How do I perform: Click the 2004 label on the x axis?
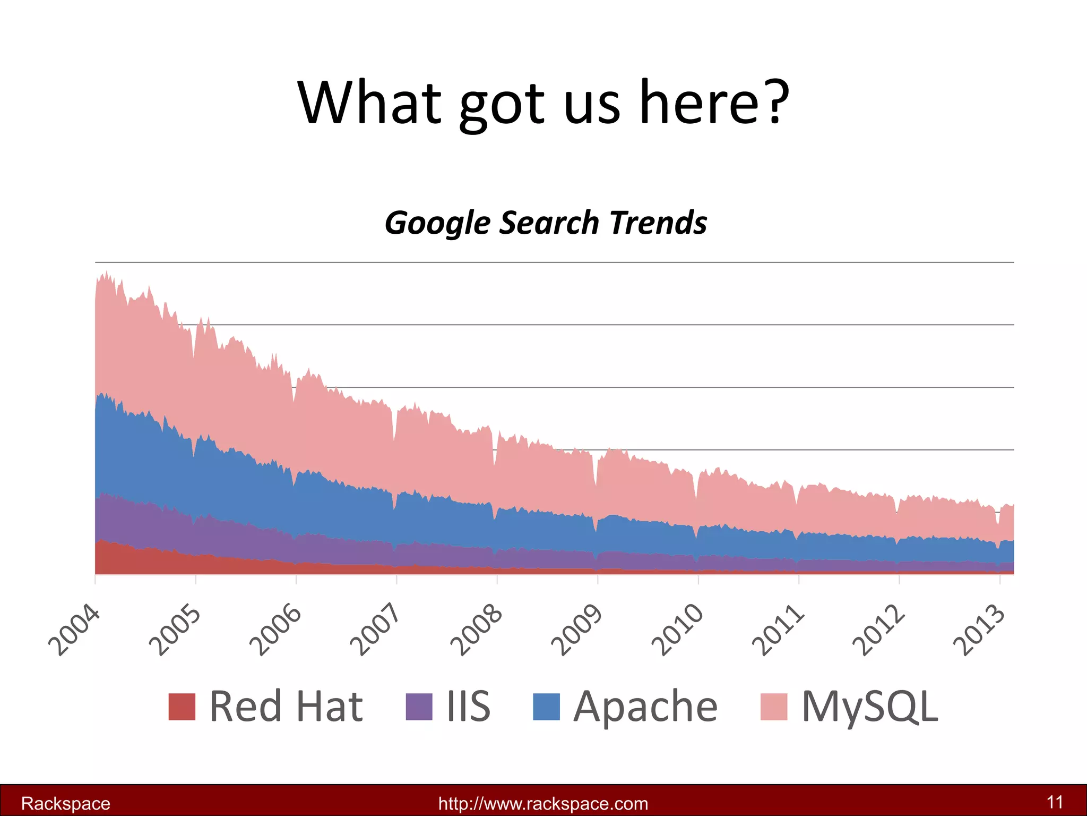coord(74,631)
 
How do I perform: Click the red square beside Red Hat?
coord(182,707)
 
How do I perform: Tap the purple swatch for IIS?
coord(419,707)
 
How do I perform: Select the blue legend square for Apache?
coord(546,707)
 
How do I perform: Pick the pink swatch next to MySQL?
coord(773,707)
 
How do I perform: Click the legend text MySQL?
coord(869,707)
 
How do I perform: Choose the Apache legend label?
coord(645,707)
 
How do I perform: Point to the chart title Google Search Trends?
coord(546,223)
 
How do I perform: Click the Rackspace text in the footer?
coord(66,803)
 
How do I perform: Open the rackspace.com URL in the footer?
coord(543,803)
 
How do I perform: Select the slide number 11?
coord(1055,802)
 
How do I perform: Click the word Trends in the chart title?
coord(658,223)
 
